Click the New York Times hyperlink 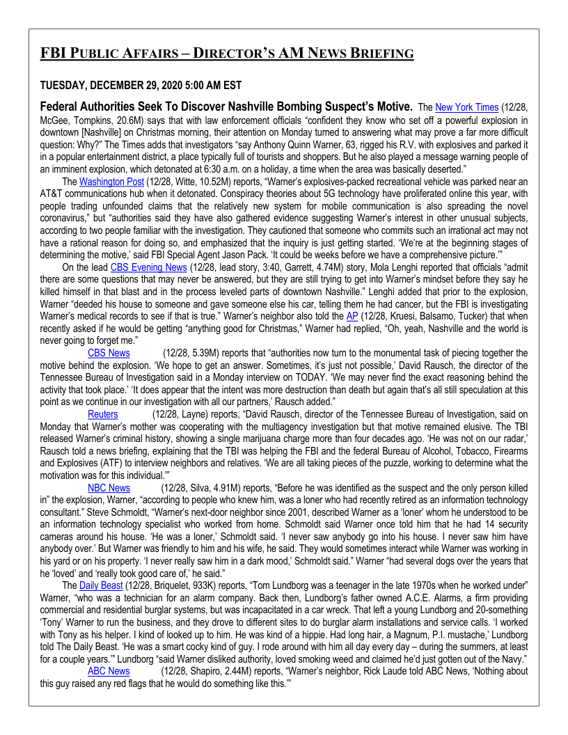[466, 108]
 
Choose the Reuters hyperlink [102, 414]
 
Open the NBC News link [108, 488]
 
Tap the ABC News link [108, 671]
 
